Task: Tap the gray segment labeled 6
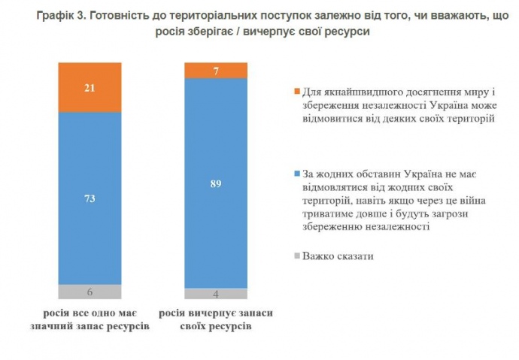coord(89,292)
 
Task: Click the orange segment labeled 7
coord(216,70)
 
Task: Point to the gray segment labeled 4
coord(216,294)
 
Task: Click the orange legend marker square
coord(296,92)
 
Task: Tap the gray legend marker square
coord(296,257)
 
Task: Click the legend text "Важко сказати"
coord(338,257)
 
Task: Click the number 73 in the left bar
coord(89,198)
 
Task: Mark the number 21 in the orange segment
coord(89,88)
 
